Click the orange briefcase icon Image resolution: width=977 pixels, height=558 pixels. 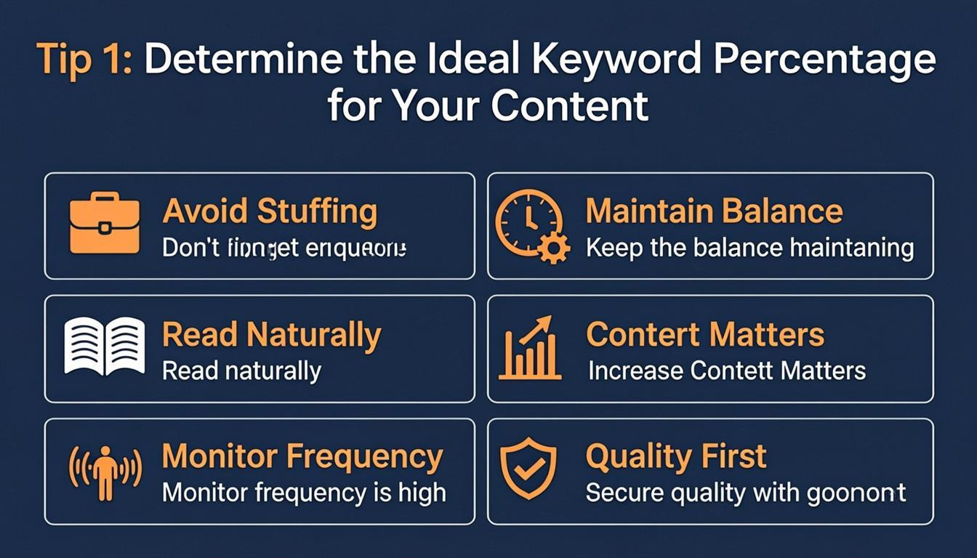point(104,224)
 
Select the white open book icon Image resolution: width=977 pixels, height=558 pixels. point(104,347)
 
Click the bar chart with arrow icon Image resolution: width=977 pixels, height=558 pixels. point(530,349)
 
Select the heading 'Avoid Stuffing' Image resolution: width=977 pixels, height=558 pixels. point(270,211)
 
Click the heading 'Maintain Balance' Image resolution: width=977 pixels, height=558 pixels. point(714,211)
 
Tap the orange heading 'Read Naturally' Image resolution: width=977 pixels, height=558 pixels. point(271,335)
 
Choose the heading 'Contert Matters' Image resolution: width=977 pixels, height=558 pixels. point(704,335)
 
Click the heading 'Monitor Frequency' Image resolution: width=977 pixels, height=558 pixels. point(302,457)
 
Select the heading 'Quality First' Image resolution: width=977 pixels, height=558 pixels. point(675,457)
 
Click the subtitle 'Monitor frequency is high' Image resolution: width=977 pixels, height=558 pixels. point(303,493)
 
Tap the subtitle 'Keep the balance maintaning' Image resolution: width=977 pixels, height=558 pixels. point(749,248)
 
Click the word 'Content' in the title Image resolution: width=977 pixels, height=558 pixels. point(569,106)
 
